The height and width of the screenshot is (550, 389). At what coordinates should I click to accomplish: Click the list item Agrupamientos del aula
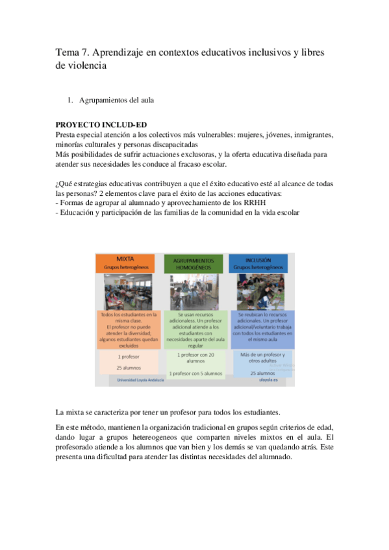(x=116, y=101)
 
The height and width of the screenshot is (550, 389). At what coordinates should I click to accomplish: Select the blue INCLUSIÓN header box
(x=258, y=263)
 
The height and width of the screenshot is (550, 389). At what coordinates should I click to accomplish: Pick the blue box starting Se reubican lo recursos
(x=258, y=328)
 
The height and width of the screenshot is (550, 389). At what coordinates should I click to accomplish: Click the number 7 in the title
(x=87, y=51)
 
